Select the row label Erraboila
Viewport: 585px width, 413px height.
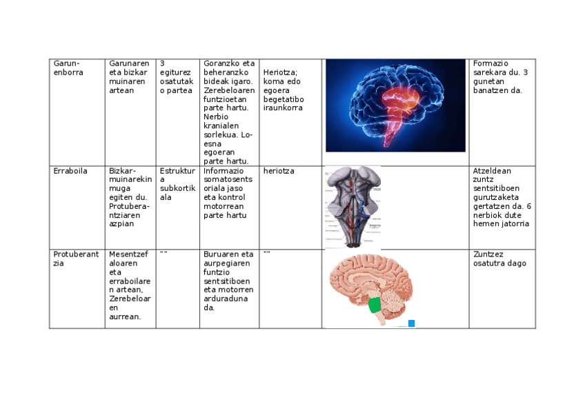pos(70,171)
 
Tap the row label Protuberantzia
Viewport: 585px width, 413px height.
pos(75,259)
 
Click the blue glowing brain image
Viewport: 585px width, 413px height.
pos(395,105)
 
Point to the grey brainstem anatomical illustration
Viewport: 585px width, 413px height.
pos(352,206)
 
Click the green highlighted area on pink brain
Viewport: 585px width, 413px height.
pos(375,305)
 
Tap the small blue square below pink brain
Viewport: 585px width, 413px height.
pos(411,323)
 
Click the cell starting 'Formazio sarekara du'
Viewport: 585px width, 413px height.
pos(501,77)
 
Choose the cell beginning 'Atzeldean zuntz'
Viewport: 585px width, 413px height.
pos(502,197)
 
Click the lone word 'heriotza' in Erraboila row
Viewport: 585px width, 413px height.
pos(279,171)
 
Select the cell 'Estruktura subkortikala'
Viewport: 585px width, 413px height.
pos(177,184)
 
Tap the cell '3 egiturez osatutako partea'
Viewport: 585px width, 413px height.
pos(176,77)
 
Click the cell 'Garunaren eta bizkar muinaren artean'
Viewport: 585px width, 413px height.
pos(129,77)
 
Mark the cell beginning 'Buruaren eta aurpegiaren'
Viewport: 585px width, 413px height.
pos(228,281)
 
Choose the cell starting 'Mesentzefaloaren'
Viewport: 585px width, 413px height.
pos(130,285)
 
